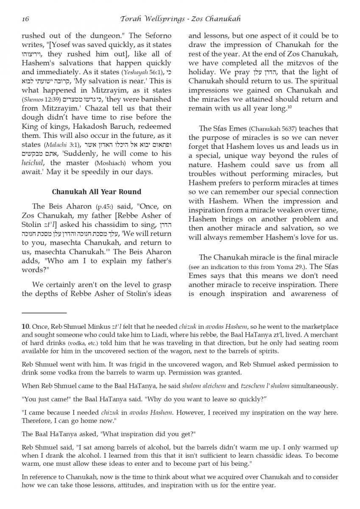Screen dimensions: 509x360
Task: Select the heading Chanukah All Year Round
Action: [96, 192]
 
